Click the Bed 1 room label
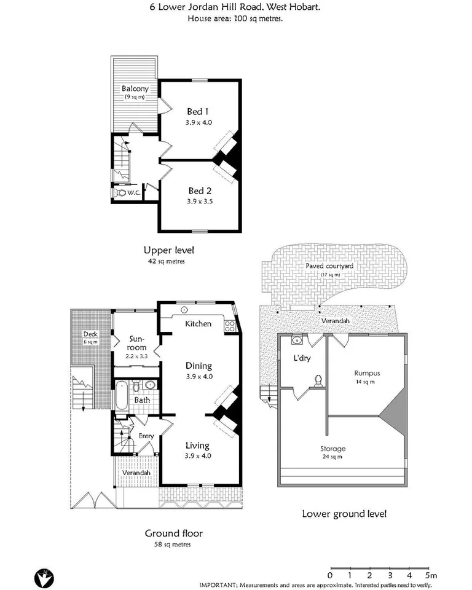(x=198, y=112)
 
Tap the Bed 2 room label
(x=200, y=191)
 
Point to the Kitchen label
(x=199, y=324)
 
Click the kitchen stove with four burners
(x=230, y=326)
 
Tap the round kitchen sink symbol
(x=184, y=310)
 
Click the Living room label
(x=198, y=446)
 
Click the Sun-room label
(x=137, y=343)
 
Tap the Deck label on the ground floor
(x=90, y=334)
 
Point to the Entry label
(x=146, y=436)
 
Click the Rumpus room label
(x=366, y=372)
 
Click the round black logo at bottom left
(x=44, y=577)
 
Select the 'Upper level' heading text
(x=164, y=250)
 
